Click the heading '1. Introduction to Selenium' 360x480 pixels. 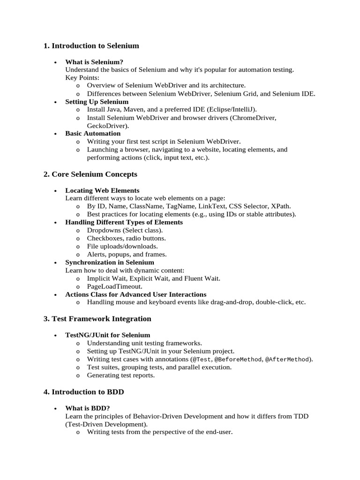91,46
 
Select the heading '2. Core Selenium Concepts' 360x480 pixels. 90,174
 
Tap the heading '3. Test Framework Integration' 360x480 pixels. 97,319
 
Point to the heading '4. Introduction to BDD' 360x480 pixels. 83,391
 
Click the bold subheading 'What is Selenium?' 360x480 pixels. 94,62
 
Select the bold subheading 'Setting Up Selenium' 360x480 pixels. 97,102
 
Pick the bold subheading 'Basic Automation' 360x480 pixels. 93,134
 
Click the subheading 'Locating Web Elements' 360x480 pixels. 102,190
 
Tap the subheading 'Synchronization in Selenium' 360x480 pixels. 109,262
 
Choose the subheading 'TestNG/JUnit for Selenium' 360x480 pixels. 107,335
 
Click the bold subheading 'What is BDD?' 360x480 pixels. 87,408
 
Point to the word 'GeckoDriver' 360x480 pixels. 107,126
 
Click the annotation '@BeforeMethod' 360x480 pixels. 236,360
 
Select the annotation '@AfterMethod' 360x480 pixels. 287,360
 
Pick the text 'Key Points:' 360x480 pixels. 82,77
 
